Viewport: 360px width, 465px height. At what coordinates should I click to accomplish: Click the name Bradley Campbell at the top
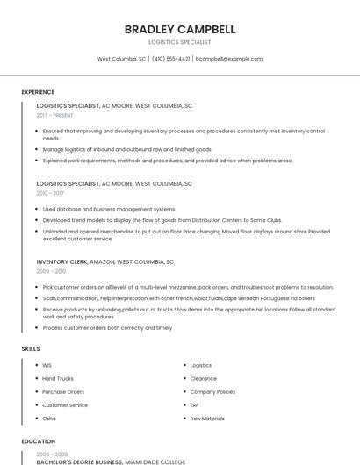coord(180,29)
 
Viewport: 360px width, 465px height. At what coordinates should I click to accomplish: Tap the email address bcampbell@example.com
coord(229,59)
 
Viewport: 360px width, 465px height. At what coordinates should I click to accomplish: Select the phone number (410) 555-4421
coord(170,59)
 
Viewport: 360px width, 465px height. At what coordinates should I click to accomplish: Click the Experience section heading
coord(38,92)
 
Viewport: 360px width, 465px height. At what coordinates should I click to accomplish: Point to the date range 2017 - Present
coord(55,115)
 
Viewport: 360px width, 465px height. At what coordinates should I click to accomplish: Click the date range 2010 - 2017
coord(50,193)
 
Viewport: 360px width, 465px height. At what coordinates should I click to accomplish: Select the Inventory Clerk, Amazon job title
coord(105,261)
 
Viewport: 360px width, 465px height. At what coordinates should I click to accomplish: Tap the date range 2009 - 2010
coord(50,271)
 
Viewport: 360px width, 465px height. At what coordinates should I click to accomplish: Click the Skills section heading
coord(31,348)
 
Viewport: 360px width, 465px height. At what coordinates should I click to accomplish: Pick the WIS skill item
coord(47,365)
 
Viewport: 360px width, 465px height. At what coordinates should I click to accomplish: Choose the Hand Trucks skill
coord(58,378)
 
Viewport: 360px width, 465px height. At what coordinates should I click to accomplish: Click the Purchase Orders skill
coord(63,391)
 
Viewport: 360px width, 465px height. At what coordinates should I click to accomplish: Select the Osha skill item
coord(49,418)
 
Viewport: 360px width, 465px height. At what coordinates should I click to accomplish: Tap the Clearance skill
coord(204,378)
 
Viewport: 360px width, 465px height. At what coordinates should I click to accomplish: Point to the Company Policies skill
coord(212,391)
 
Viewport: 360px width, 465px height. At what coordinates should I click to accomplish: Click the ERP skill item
coord(195,405)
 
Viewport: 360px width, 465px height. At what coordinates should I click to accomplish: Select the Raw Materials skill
coord(207,418)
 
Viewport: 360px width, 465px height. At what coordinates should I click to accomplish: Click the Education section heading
coord(39,441)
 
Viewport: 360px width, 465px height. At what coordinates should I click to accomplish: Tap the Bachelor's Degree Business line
coord(111,461)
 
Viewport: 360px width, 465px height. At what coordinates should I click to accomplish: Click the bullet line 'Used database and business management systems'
coord(109,209)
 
